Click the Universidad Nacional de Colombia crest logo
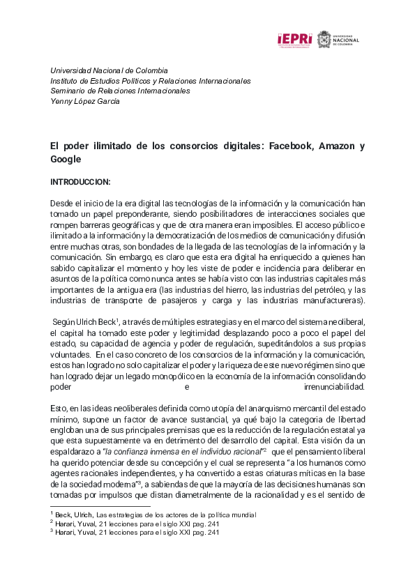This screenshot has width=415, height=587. tap(324, 39)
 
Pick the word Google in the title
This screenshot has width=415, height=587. tap(66, 159)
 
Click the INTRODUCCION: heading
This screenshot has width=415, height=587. tap(80, 182)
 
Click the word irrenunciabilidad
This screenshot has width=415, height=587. tap(335, 386)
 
